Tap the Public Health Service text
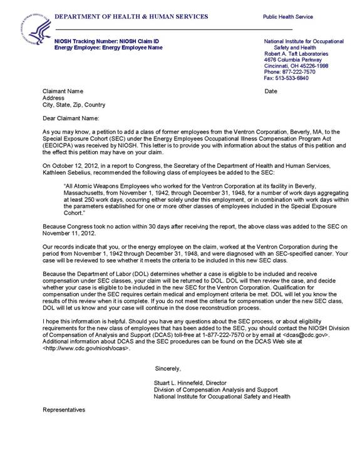pos(287,17)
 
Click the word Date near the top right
pos(270,91)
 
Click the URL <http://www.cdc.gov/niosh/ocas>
pos(86,348)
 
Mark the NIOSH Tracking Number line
pos(107,41)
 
